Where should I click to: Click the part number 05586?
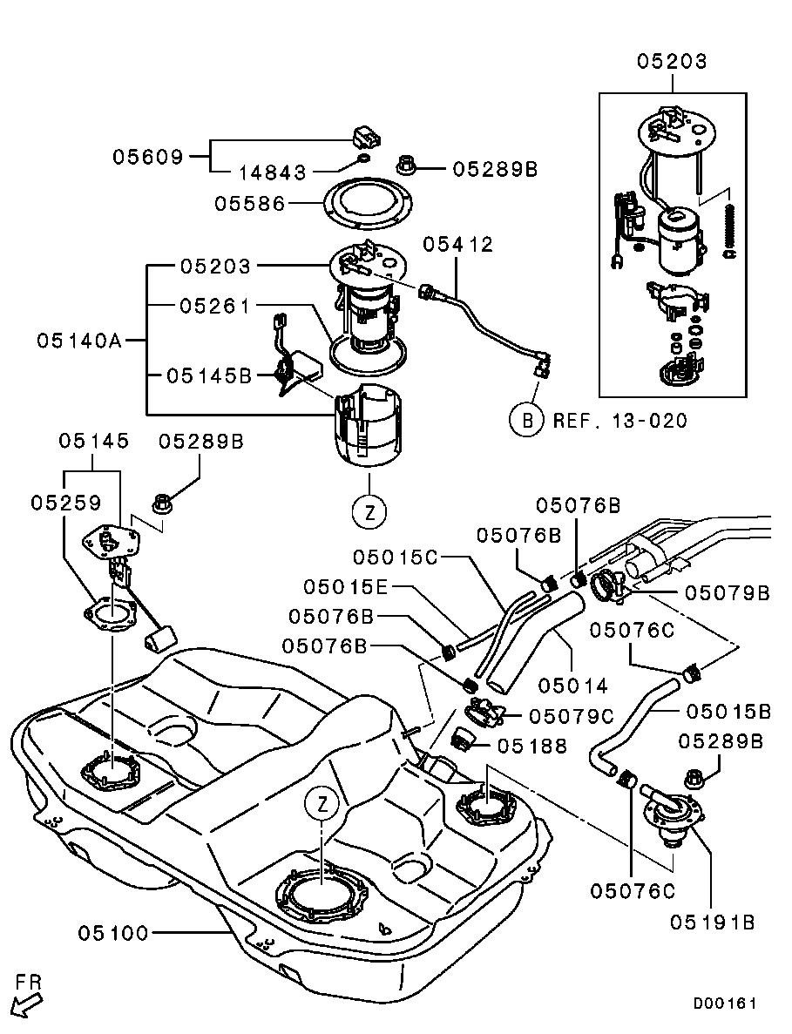250,204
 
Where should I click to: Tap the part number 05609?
148,157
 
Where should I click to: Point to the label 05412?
457,245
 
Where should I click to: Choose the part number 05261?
215,306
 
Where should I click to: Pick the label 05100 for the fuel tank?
114,933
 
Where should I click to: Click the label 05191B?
712,921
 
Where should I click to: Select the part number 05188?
532,746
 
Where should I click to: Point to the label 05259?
67,503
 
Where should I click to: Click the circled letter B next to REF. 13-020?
527,421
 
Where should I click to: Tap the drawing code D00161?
725,1004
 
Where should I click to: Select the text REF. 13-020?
619,422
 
